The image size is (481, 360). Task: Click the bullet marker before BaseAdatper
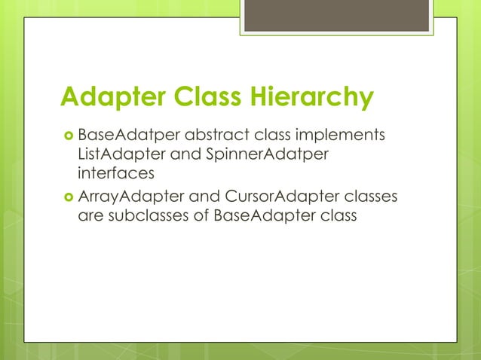pos(66,136)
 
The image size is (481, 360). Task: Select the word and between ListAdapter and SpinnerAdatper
pos(178,155)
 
